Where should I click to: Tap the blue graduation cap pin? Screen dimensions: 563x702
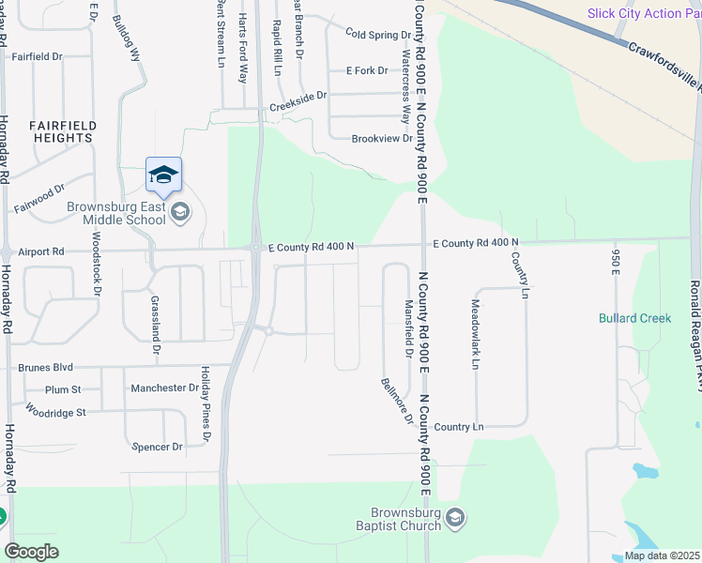[x=163, y=175]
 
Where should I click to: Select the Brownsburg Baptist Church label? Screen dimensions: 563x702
[x=405, y=519]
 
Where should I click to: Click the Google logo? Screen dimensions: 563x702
[x=31, y=551]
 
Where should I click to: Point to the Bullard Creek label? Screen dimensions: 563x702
[x=634, y=318]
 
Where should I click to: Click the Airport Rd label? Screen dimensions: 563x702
[x=40, y=251]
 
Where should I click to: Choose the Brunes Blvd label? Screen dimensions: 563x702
[x=45, y=368]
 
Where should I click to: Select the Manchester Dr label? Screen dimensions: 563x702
[x=165, y=388]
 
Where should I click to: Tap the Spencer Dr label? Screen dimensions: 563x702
[x=157, y=447]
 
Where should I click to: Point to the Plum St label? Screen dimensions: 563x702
[x=64, y=388]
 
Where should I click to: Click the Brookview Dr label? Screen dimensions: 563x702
[x=382, y=139]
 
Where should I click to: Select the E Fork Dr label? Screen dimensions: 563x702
[x=367, y=70]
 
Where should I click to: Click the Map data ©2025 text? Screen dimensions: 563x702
[x=661, y=555]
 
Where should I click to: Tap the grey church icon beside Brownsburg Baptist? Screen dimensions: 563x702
[x=455, y=518]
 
